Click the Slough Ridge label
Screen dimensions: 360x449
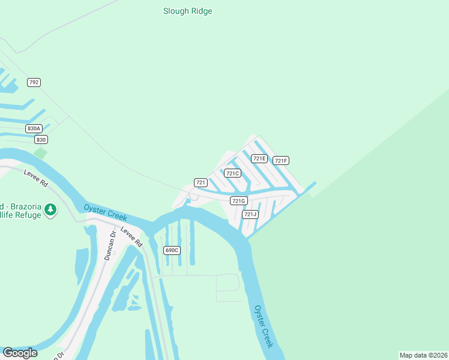187,11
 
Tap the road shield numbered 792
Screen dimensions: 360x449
34,82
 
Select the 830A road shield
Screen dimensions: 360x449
34,128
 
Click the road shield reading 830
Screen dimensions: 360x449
41,139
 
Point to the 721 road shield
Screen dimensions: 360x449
201,182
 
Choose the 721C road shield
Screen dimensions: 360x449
232,173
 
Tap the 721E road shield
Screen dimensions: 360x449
259,158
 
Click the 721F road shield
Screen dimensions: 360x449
281,160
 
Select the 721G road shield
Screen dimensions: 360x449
239,200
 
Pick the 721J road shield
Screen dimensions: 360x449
250,214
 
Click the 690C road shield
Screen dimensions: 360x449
172,250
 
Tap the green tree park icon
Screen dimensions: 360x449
51,209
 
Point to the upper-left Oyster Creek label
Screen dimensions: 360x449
105,212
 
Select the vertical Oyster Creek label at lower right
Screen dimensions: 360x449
264,326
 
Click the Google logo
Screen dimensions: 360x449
20,353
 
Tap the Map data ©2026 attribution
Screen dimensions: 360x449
423,355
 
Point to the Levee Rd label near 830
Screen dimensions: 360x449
35,178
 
